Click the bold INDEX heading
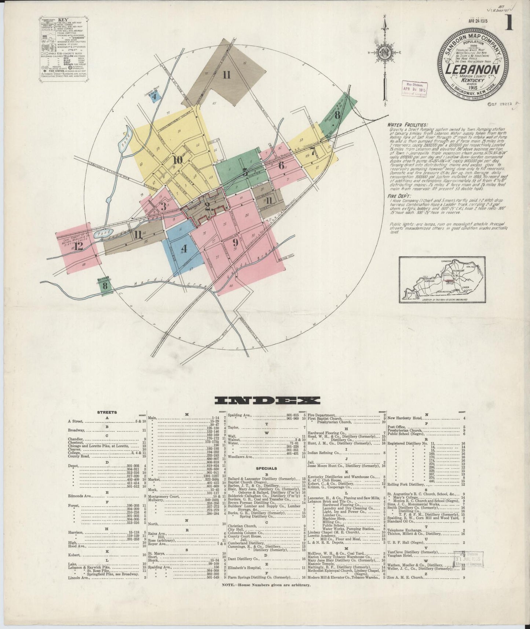[268, 400]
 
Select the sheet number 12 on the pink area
[78, 246]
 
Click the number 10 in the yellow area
[178, 160]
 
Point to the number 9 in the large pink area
[235, 243]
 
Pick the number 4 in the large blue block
[184, 249]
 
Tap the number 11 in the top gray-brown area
[226, 75]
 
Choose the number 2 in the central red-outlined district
[207, 206]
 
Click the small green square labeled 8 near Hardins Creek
[106, 285]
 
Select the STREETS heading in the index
[107, 412]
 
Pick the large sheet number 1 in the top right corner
[508, 24]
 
